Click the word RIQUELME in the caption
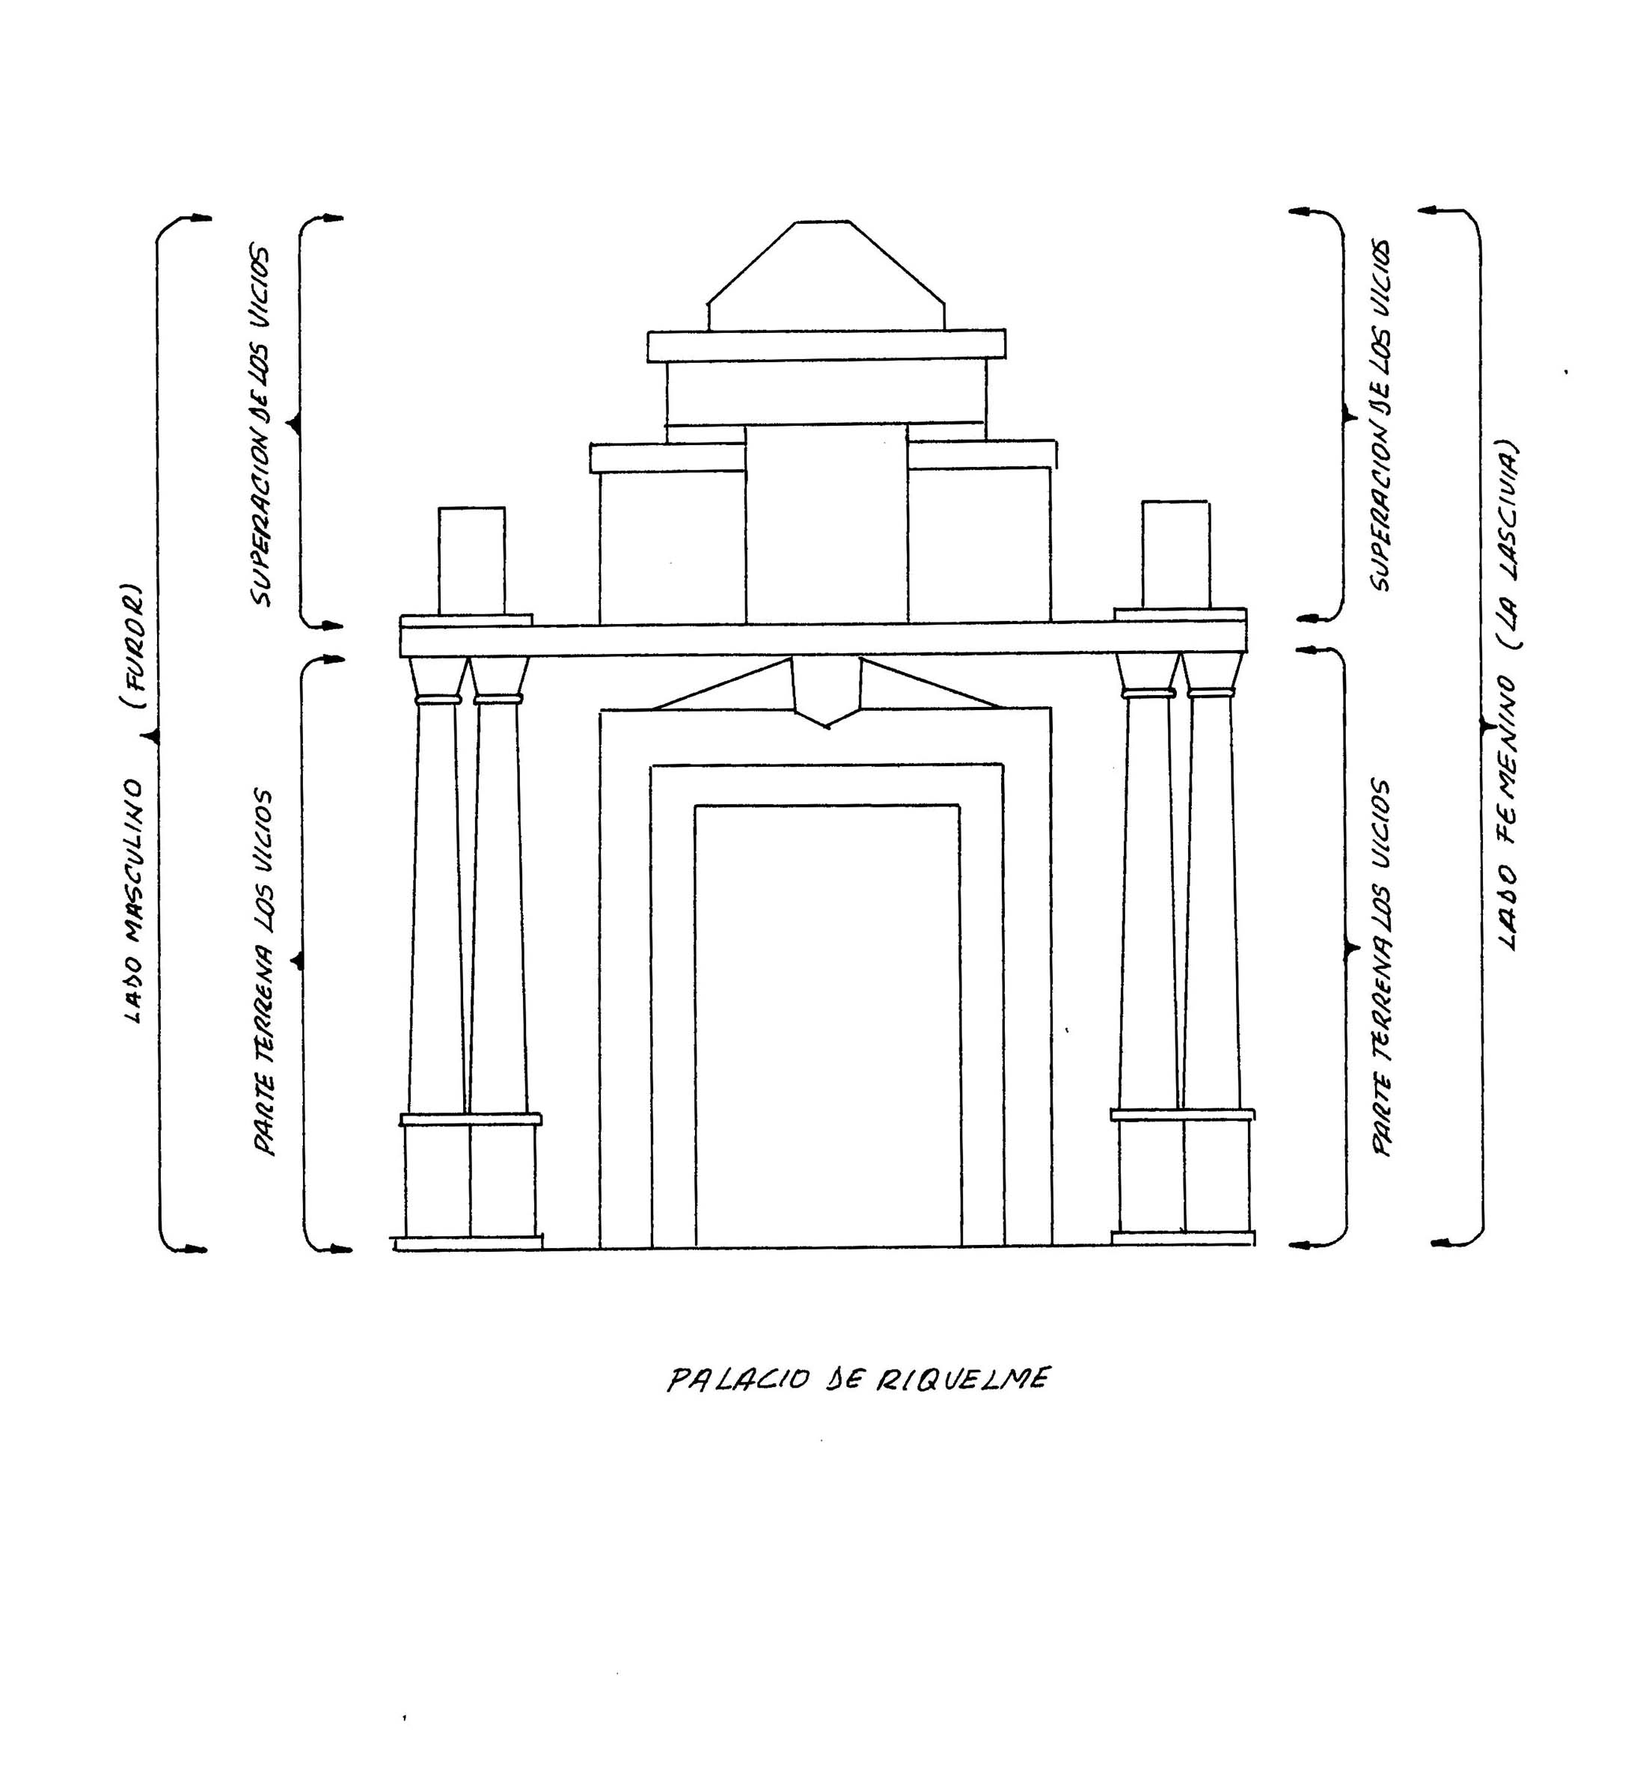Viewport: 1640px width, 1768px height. pyautogui.click(x=964, y=1378)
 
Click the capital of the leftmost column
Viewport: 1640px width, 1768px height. pyautogui.click(x=438, y=678)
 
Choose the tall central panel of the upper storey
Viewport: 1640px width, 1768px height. pyautogui.click(x=826, y=524)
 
